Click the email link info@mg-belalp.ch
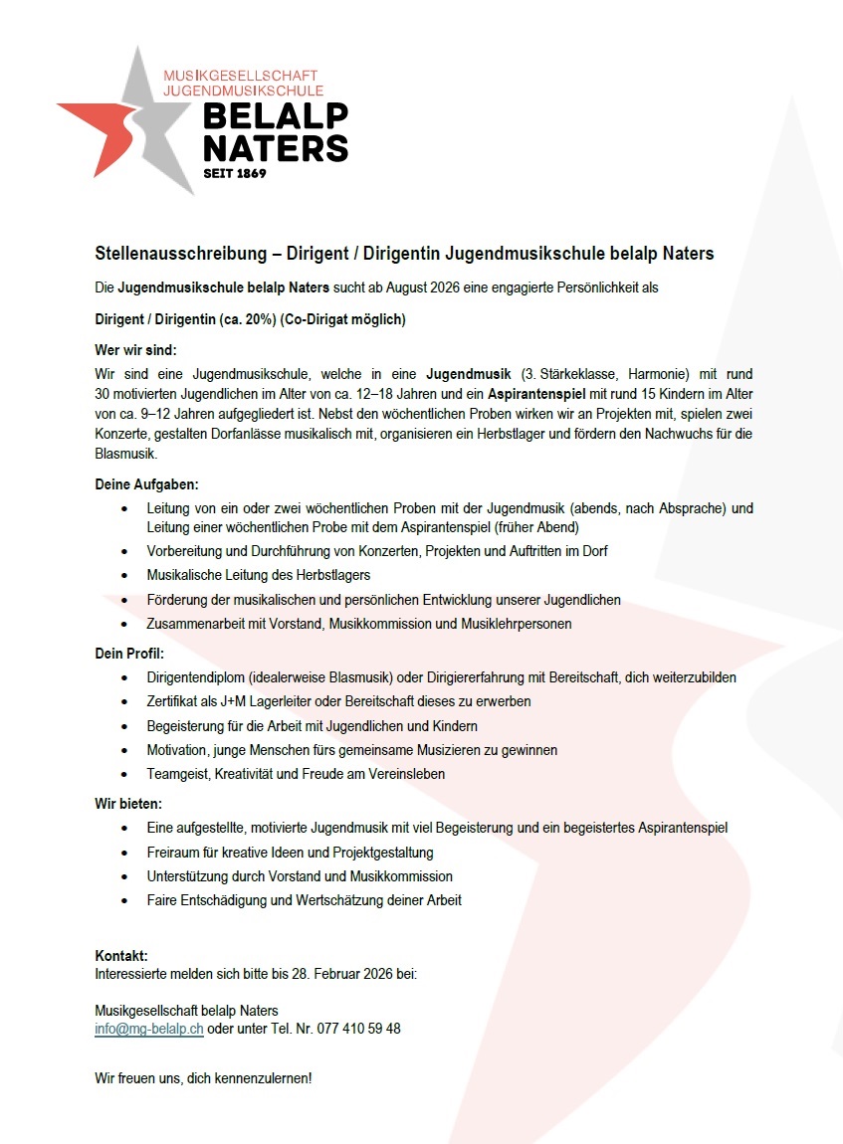point(149,1029)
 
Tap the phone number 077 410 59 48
point(358,1029)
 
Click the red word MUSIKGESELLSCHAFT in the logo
point(240,76)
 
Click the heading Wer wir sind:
point(134,350)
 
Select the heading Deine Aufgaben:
point(146,484)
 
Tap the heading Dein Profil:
point(128,654)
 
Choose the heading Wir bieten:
point(127,803)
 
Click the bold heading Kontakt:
point(121,956)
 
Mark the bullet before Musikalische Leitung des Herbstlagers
point(123,576)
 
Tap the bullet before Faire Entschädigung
point(123,901)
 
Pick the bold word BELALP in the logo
point(276,115)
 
